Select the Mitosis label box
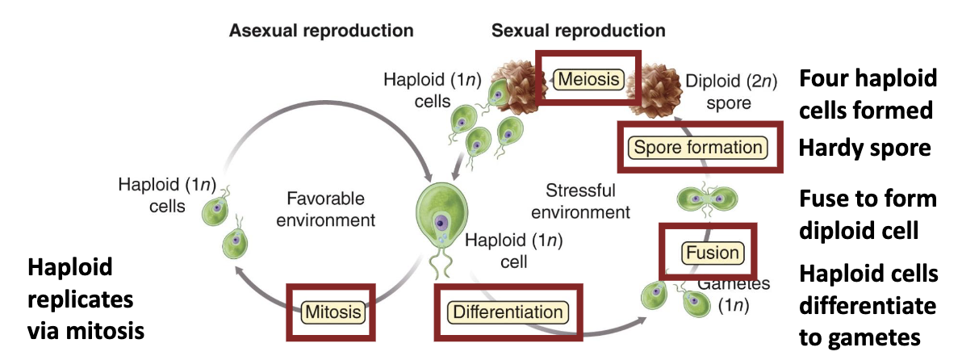pos(333,311)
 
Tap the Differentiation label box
pos(507,312)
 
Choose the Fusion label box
pos(711,253)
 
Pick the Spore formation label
pos(697,147)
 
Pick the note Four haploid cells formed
pos(868,94)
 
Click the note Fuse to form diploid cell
pos(868,214)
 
